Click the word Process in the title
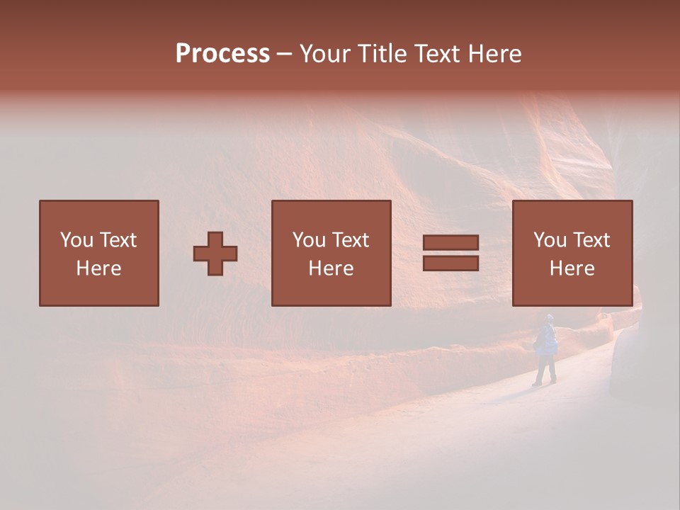click(x=222, y=54)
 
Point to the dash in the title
click(x=285, y=55)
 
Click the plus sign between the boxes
click(x=215, y=254)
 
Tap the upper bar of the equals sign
click(x=450, y=243)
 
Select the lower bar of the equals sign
click(x=450, y=263)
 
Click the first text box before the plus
click(x=99, y=253)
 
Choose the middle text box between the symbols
click(x=331, y=253)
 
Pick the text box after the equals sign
click(x=572, y=253)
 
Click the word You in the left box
click(x=76, y=240)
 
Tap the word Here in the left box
click(x=99, y=268)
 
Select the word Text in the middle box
click(x=351, y=240)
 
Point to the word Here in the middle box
click(x=331, y=268)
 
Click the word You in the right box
click(x=550, y=240)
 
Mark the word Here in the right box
click(x=572, y=268)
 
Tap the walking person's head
click(x=549, y=319)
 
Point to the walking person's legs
click(x=545, y=370)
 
